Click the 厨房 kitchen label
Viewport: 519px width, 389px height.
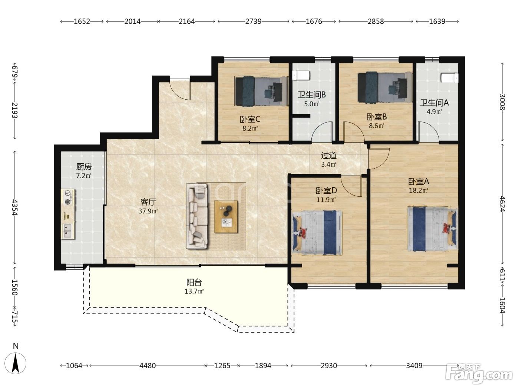84,167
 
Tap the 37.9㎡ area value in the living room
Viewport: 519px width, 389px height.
148,211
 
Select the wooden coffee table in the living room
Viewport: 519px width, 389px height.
226,217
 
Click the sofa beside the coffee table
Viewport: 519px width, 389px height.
197,216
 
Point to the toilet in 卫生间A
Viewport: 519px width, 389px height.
449,78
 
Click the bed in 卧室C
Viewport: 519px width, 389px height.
261,91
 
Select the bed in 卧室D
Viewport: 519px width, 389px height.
317,233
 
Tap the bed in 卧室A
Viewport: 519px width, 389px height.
432,229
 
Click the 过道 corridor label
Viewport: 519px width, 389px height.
329,155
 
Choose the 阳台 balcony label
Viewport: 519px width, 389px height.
194,282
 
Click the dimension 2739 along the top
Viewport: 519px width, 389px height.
253,21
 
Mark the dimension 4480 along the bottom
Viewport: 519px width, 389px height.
148,366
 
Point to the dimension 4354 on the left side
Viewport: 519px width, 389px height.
15,207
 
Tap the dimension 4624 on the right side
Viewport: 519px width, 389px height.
502,204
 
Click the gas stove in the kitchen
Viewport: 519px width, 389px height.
68,197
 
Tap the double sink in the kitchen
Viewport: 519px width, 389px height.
67,231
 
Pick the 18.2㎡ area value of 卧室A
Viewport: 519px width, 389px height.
419,190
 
